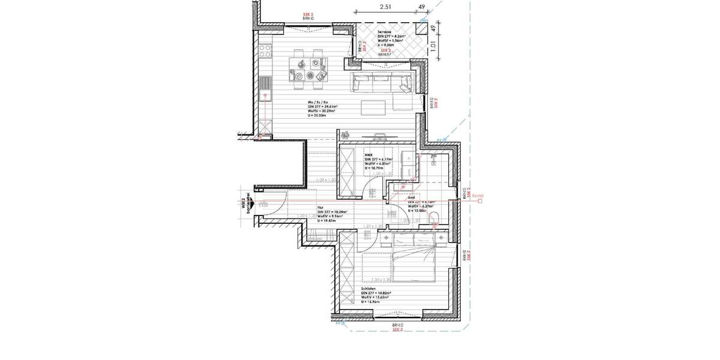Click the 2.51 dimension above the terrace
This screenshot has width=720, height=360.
pyautogui.click(x=386, y=8)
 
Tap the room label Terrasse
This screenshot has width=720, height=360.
pyautogui.click(x=384, y=31)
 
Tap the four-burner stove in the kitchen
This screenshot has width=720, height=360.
pyautogui.click(x=266, y=52)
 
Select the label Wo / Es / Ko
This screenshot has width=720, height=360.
pyautogui.click(x=317, y=103)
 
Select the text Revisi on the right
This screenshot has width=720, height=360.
pyautogui.click(x=478, y=196)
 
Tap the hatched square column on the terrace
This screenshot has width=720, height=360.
pyautogui.click(x=424, y=29)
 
